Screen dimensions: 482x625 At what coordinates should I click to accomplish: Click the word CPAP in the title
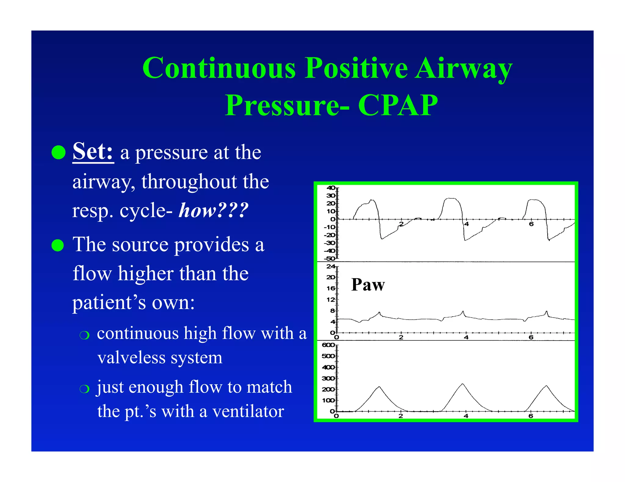coord(398,105)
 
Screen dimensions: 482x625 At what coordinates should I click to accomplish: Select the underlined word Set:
coord(93,152)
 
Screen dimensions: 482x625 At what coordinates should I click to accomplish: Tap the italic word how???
coord(213,210)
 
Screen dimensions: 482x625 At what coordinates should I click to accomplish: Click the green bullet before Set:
coord(58,152)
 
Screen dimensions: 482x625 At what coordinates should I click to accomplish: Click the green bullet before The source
coord(58,245)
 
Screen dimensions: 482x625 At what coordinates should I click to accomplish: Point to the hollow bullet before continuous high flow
coord(84,335)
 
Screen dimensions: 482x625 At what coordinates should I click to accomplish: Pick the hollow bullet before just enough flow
coord(84,389)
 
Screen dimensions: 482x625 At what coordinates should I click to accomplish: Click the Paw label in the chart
coord(368,285)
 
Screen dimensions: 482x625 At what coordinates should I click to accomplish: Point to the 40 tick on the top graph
coord(331,188)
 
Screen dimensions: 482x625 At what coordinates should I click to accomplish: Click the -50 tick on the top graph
coord(330,259)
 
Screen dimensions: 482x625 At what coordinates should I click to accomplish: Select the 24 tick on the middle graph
coord(331,266)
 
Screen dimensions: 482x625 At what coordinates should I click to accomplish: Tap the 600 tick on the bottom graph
coord(328,345)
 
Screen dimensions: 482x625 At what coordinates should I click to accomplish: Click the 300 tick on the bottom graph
coord(328,378)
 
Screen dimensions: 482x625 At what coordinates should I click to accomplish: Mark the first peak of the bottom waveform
coord(379,387)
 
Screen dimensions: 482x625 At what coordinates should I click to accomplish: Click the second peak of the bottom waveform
coord(463,384)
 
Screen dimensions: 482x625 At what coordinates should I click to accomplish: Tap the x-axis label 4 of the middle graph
coord(466,337)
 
